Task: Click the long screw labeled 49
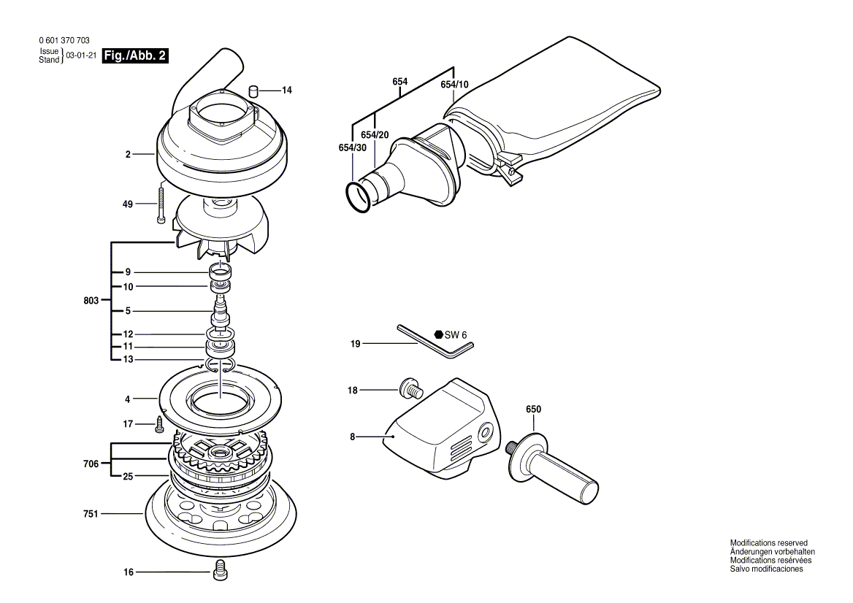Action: pyautogui.click(x=159, y=205)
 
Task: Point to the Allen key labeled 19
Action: pyautogui.click(x=435, y=342)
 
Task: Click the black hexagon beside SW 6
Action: pyautogui.click(x=438, y=334)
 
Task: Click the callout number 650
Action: pyautogui.click(x=533, y=410)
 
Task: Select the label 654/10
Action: pyautogui.click(x=454, y=85)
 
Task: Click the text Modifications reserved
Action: pyautogui.click(x=768, y=543)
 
